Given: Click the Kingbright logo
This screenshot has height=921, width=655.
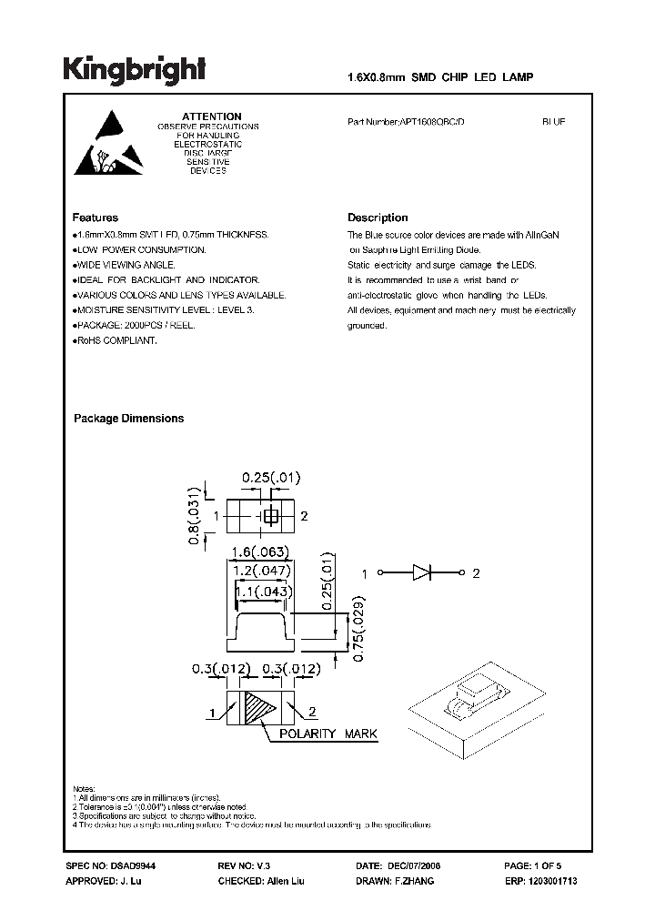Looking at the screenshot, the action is pyautogui.click(x=134, y=69).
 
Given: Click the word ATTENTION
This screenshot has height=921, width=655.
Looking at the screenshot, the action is pyautogui.click(x=211, y=116).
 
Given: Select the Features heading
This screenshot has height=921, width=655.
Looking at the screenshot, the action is pyautogui.click(x=96, y=218).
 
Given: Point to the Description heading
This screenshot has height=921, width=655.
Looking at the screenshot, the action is pyautogui.click(x=378, y=218).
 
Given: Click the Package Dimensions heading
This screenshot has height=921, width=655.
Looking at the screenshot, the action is pyautogui.click(x=128, y=419).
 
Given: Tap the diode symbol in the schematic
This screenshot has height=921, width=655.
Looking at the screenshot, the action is pyautogui.click(x=421, y=573).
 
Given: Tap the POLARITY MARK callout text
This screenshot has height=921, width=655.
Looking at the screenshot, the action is pyautogui.click(x=327, y=734).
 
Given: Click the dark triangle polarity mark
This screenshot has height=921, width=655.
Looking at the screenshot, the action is pyautogui.click(x=261, y=705).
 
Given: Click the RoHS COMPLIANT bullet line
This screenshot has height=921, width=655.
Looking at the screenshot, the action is pyautogui.click(x=116, y=340).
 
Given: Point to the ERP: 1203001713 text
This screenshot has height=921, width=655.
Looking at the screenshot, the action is pyautogui.click(x=539, y=883).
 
